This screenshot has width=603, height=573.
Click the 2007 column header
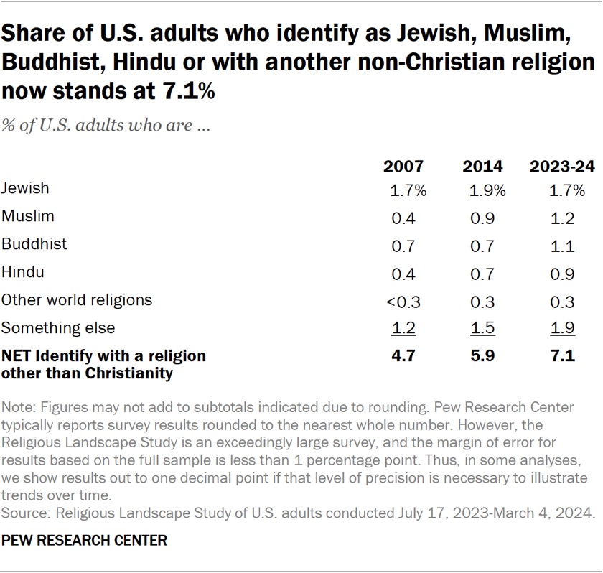pyautogui.click(x=403, y=167)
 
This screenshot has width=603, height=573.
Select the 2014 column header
pyautogui.click(x=482, y=167)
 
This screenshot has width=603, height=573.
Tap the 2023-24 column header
pyautogui.click(x=562, y=167)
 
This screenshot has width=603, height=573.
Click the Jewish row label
pyautogui.click(x=26, y=188)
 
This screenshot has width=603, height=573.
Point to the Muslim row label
pyautogui.click(x=28, y=215)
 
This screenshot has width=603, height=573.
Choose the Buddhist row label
pyautogui.click(x=34, y=243)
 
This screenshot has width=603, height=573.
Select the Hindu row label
pyautogui.click(x=23, y=271)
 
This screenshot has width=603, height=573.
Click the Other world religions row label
pyautogui.click(x=77, y=299)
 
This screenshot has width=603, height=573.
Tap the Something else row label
pyautogui.click(x=57, y=328)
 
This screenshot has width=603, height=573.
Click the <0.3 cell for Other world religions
pyautogui.click(x=402, y=301)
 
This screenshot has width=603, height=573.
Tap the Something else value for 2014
pyautogui.click(x=483, y=329)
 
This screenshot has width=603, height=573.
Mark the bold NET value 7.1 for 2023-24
pyautogui.click(x=562, y=356)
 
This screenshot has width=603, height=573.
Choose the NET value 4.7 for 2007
pyautogui.click(x=403, y=356)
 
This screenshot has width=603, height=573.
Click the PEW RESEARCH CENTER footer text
pyautogui.click(x=84, y=541)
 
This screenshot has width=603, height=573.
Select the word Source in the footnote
pyautogui.click(x=22, y=513)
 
